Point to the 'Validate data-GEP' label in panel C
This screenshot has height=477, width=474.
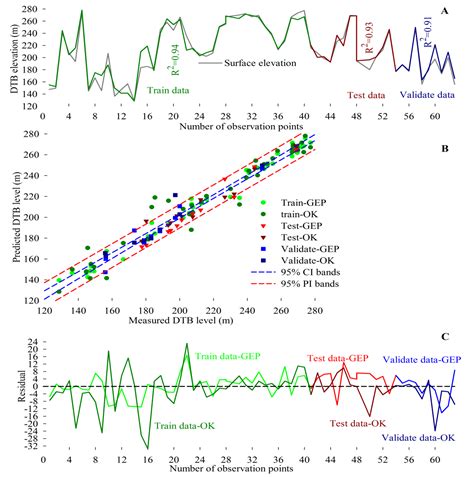(x=421, y=359)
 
